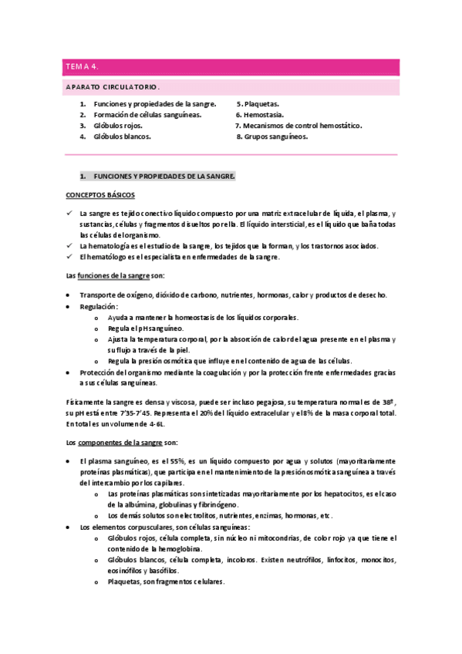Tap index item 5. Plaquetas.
[x=258, y=103]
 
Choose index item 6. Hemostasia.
[x=261, y=114]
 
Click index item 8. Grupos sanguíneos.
[x=271, y=137]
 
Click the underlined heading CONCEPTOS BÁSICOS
[x=100, y=195]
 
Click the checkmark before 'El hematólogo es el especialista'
[x=69, y=257]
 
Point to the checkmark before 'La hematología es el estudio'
[x=69, y=246]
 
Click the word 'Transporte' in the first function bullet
[x=97, y=295]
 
